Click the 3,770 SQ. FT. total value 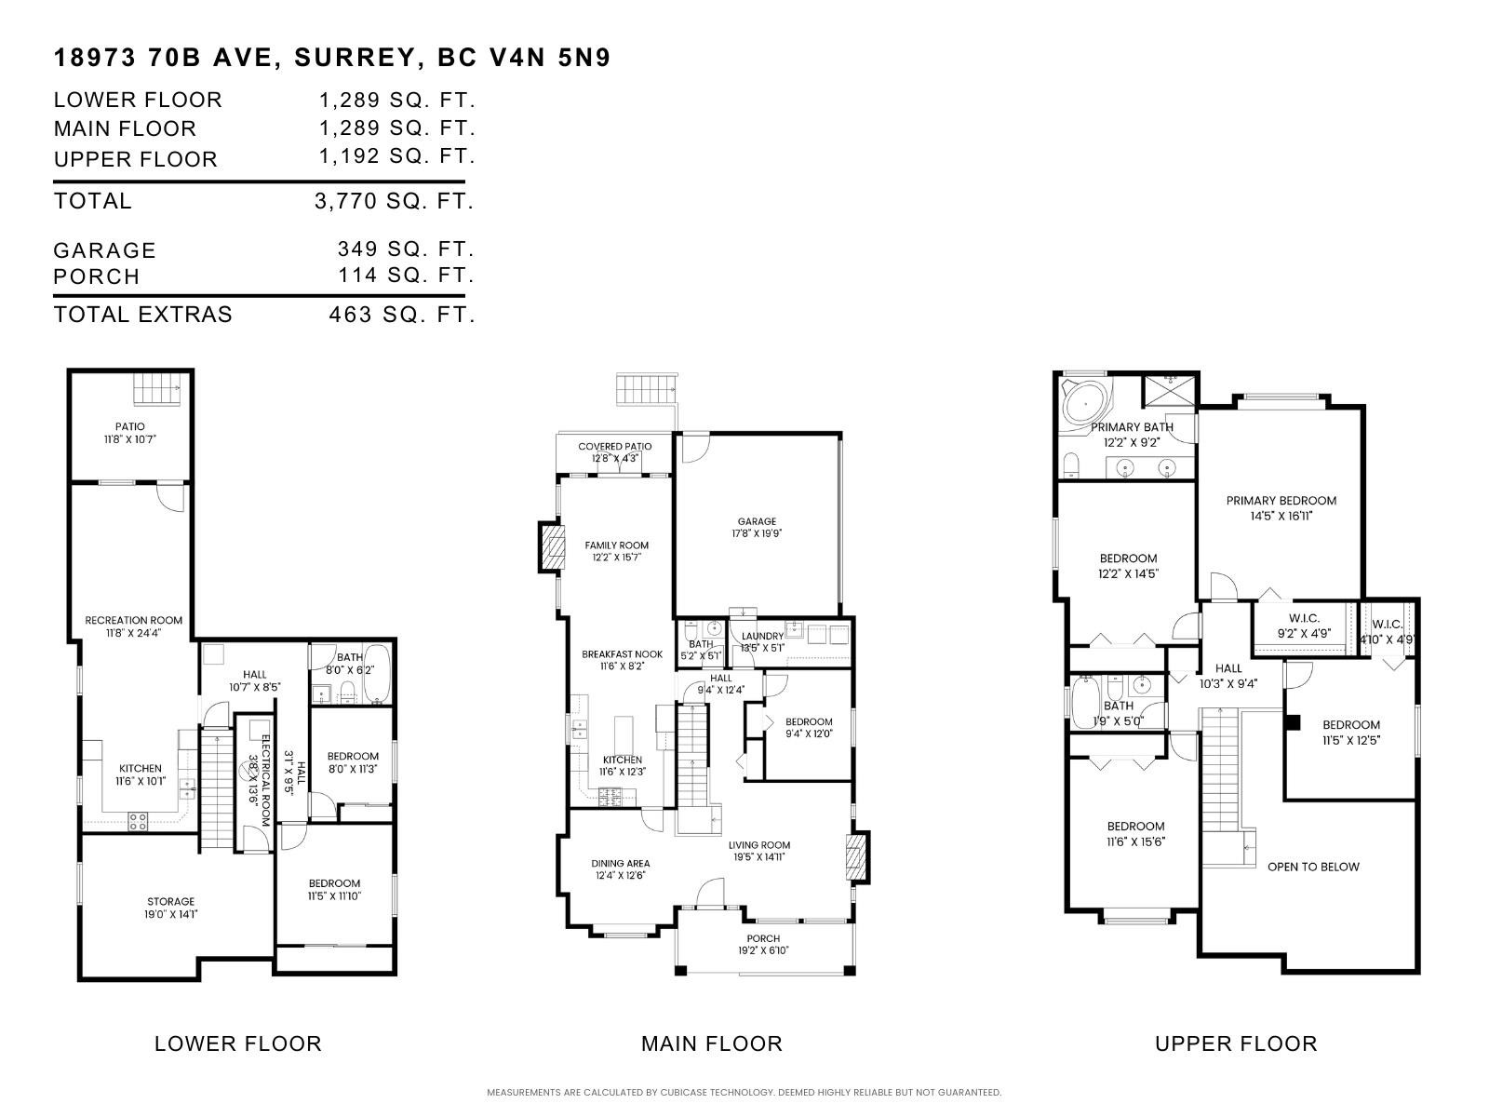[395, 201]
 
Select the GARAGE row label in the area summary [104, 250]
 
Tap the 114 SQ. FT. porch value [406, 276]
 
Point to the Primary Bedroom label [1281, 501]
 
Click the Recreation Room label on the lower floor [133, 620]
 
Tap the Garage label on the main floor [756, 521]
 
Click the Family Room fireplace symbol [553, 547]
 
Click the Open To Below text [1313, 867]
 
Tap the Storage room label [170, 901]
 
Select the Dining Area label [620, 864]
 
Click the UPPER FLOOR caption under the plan [1235, 1043]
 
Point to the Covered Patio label [614, 447]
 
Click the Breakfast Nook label [622, 654]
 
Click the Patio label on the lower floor [130, 426]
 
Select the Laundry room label [762, 637]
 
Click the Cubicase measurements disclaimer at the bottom [744, 1092]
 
